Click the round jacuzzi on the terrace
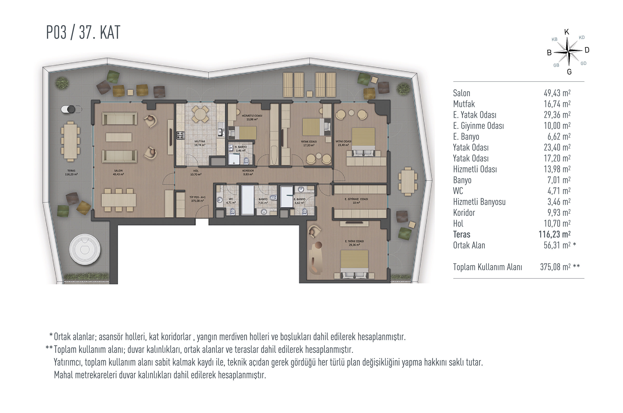pos(85,249)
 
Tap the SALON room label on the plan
pos(118,171)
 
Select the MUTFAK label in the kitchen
pos(200,141)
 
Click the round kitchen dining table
pos(200,114)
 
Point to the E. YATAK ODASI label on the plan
pos(354,241)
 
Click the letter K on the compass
pos(567,32)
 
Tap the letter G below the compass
pos(569,72)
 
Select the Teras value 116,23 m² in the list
pos(554,234)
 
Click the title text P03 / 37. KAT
pos(83,32)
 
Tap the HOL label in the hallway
pos(196,171)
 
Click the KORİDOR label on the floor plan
pos(248,171)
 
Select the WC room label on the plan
pos(231,199)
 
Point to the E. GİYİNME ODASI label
pos(356,199)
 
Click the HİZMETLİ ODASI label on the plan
pos(252,116)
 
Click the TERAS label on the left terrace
pos(71,171)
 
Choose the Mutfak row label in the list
pos(464,104)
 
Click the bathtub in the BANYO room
pos(248,200)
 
